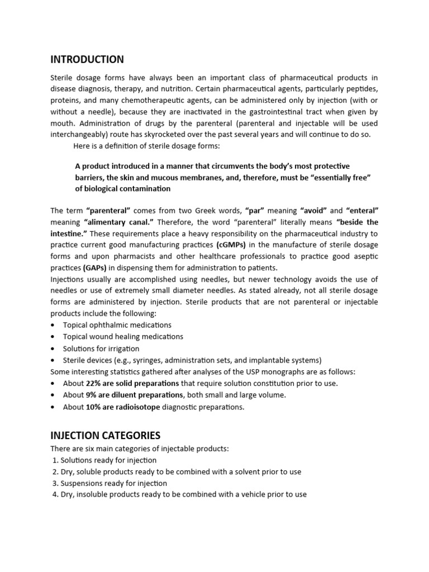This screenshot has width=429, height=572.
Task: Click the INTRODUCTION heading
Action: [87, 60]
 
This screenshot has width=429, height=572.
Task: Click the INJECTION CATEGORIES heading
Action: [105, 435]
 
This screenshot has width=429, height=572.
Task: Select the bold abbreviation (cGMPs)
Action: [231, 245]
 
